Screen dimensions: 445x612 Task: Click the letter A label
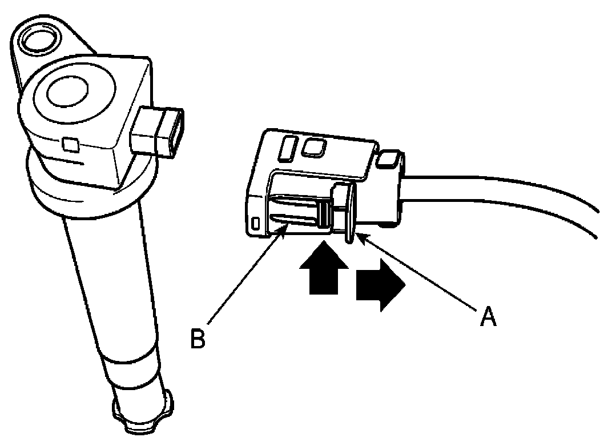click(487, 315)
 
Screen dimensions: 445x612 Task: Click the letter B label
click(198, 337)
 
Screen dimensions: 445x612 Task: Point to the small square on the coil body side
click(71, 145)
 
